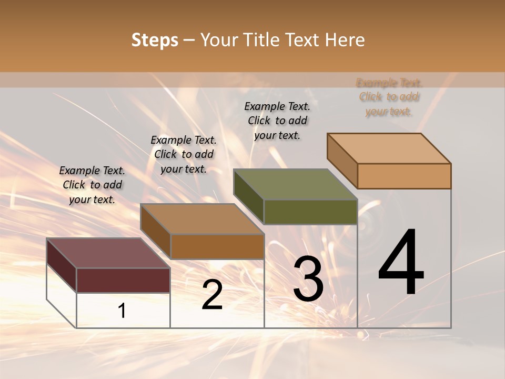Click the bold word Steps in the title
(155, 40)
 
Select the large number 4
(401, 263)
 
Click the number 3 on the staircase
(308, 280)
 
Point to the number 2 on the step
(212, 295)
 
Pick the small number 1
(122, 311)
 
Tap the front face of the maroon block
(123, 280)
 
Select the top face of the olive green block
(295, 184)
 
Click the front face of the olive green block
(310, 212)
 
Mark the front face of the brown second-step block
(217, 246)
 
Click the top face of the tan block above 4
(389, 148)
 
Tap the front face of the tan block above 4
(404, 176)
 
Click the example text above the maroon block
(92, 185)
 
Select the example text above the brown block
(184, 154)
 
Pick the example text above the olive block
(277, 121)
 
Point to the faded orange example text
(389, 97)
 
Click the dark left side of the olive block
(248, 196)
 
